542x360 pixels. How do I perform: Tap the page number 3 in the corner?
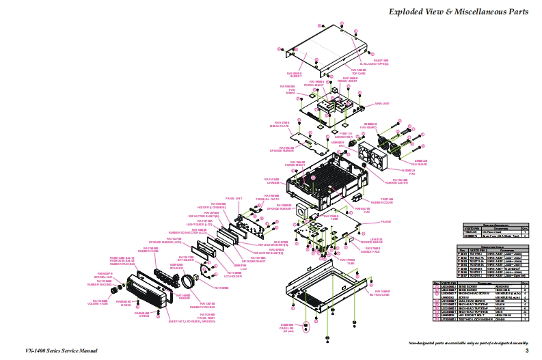[527, 350]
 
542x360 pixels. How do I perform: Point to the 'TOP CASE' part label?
[358, 71]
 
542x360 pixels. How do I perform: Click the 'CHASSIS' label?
[271, 182]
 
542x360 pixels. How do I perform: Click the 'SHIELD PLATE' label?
[282, 126]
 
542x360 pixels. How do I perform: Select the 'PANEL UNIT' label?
[234, 199]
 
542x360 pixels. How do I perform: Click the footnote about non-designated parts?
[468, 342]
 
